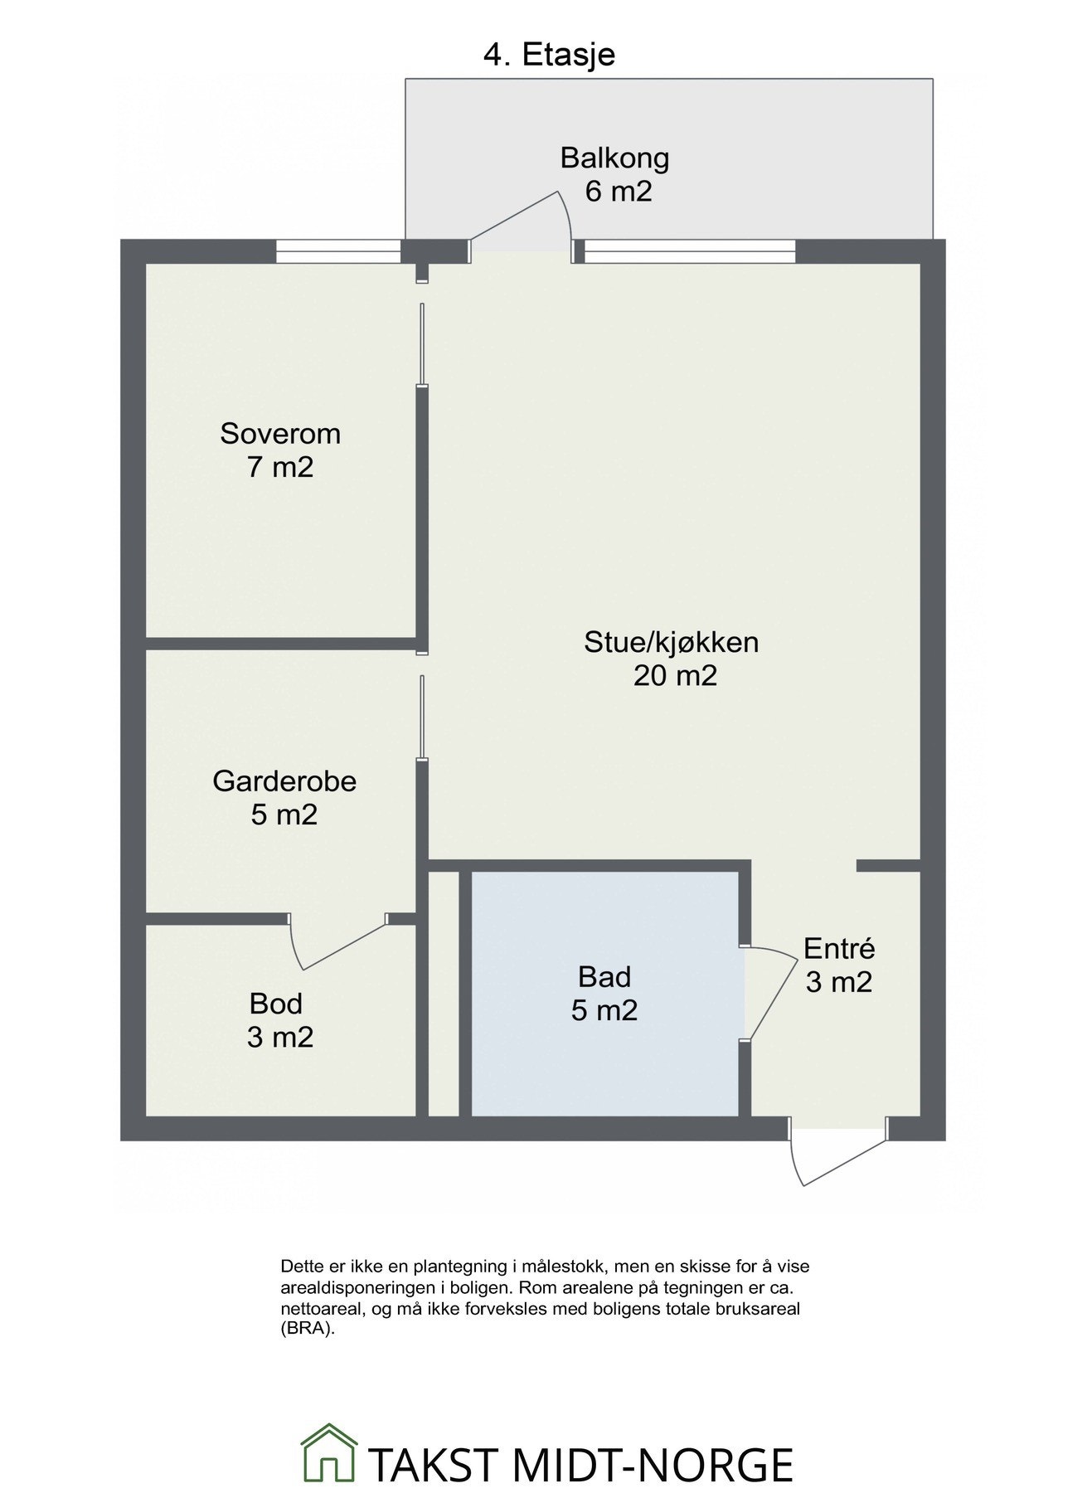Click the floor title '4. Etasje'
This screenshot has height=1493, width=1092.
click(549, 55)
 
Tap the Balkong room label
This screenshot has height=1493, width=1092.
click(614, 157)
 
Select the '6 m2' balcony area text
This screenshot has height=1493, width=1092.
click(619, 192)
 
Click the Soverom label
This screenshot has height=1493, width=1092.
click(280, 434)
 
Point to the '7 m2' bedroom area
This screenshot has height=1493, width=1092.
click(280, 468)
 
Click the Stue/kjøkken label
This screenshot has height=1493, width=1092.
click(672, 642)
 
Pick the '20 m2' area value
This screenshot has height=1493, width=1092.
click(675, 676)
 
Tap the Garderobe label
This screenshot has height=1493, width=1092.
click(284, 781)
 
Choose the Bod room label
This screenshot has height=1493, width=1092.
click(276, 1004)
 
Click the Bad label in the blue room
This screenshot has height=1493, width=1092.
click(604, 977)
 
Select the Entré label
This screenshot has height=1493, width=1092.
click(839, 948)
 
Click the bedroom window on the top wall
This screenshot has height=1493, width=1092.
click(338, 251)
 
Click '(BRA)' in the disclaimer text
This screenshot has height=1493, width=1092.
click(307, 1327)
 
